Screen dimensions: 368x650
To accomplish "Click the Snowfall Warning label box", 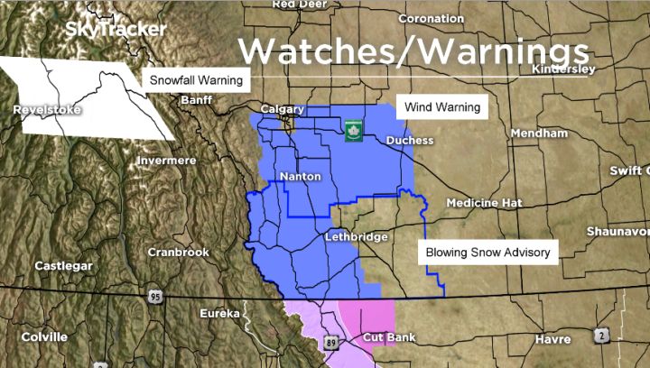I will coord(195,80).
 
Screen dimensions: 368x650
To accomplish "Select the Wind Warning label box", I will coord(441,107).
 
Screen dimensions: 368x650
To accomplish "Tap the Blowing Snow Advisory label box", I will coord(487,253).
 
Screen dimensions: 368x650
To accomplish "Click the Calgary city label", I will coord(282,110).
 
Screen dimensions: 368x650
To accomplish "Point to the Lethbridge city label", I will coord(356,237).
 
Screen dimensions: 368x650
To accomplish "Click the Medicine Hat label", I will coord(484,203).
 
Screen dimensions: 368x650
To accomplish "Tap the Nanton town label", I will coord(300,177).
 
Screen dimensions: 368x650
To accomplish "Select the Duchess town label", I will coord(409,141).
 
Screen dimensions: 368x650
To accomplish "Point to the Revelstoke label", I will coord(48,110).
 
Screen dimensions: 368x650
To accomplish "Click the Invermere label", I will coord(165,161).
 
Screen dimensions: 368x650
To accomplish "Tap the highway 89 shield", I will coord(332,343).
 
